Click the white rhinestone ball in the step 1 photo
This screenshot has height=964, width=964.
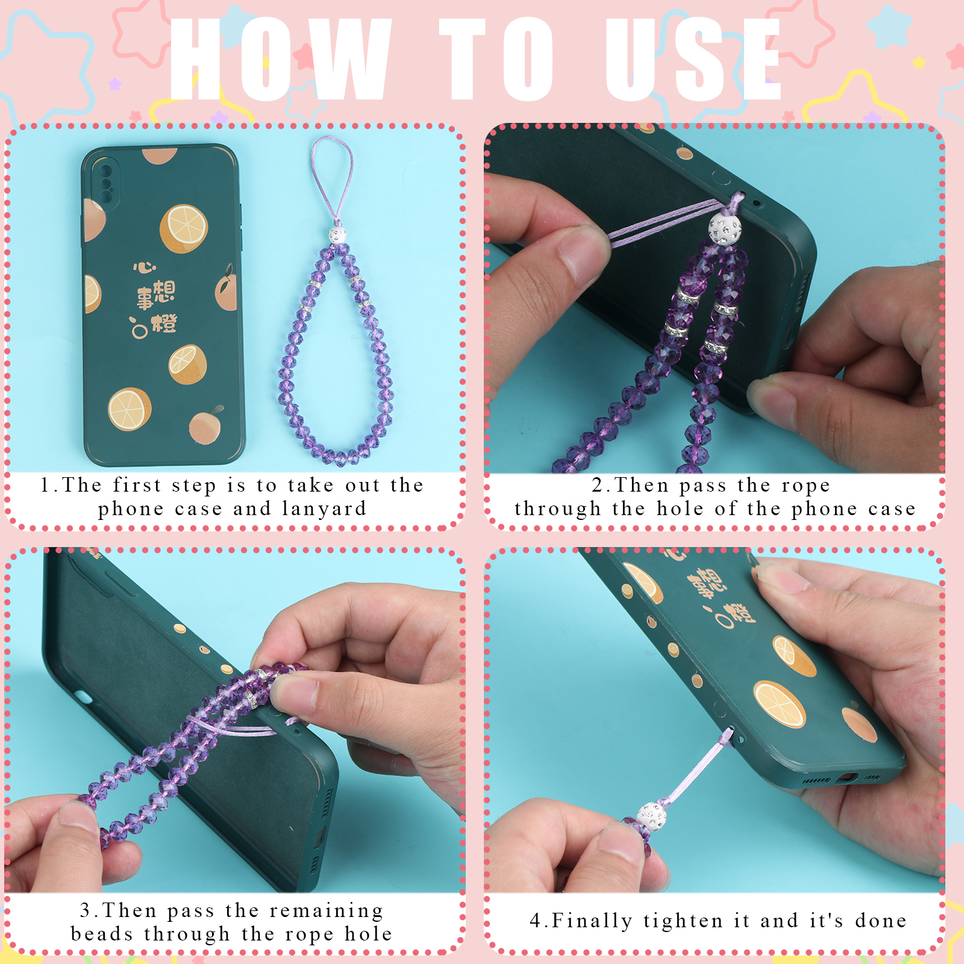[x=337, y=234]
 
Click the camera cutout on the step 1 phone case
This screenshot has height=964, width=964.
[x=105, y=180]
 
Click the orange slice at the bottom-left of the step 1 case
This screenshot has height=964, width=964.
[x=130, y=409]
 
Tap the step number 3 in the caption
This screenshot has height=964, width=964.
[x=86, y=911]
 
